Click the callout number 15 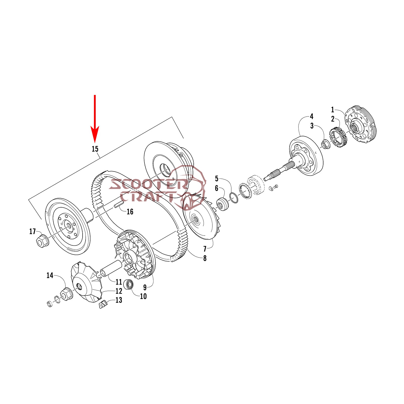coord(95,149)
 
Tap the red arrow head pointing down coord(95,135)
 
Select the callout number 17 coord(33,231)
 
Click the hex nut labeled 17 coord(42,240)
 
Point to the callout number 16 coord(130,212)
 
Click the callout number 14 coord(50,275)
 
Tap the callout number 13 coord(119,300)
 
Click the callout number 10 coord(143,296)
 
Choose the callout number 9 coord(145,287)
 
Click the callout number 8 coord(205,258)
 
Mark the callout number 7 coord(205,249)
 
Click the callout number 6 coord(216,188)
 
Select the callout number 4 coord(312,116)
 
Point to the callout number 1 coord(333,110)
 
